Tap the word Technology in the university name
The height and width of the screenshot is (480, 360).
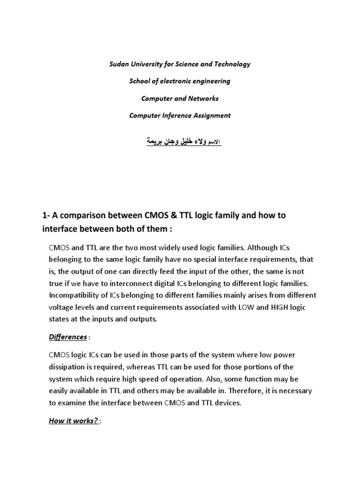click(x=233, y=64)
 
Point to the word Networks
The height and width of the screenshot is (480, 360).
click(x=204, y=98)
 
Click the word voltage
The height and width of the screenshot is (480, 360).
click(x=61, y=307)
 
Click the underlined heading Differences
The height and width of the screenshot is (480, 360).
click(x=68, y=337)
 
